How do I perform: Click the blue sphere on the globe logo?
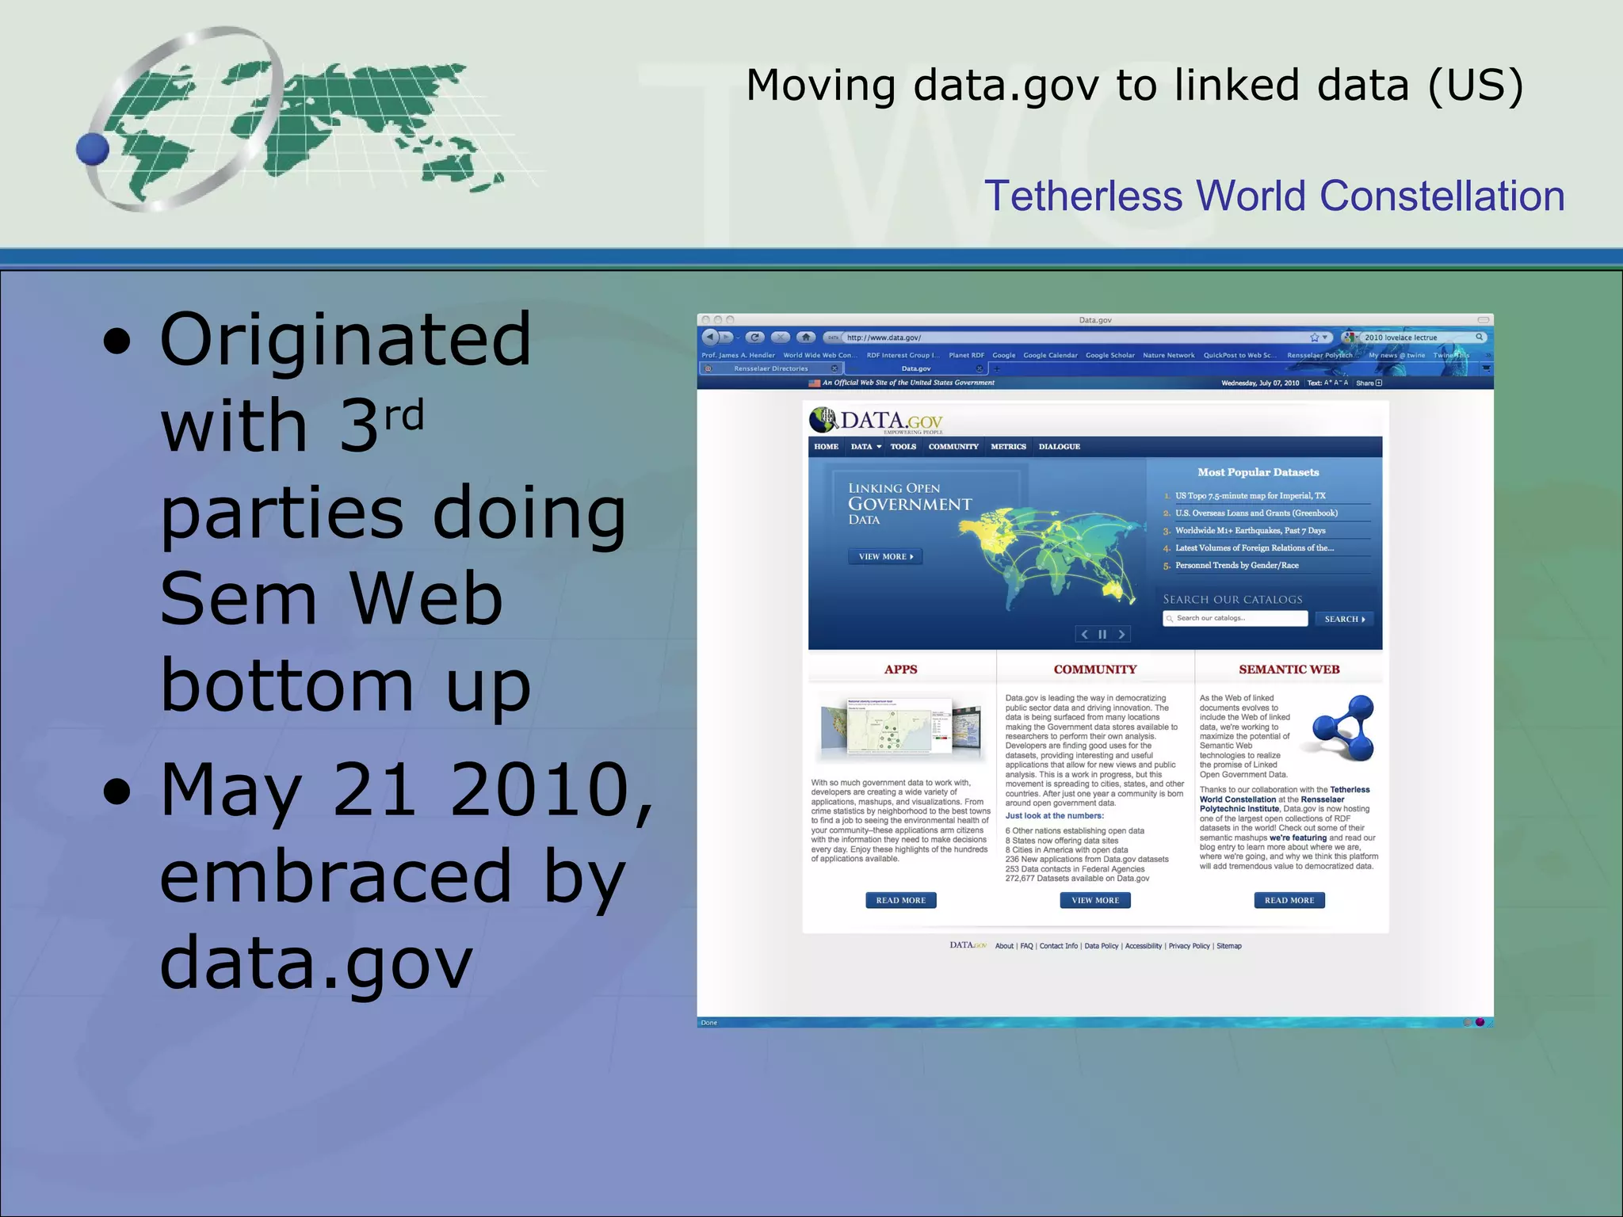click(93, 149)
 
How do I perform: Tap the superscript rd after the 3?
click(404, 415)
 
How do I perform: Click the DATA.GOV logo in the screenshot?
click(876, 420)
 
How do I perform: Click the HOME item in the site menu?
click(826, 447)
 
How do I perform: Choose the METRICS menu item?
click(1008, 447)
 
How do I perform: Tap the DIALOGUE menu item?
click(1060, 447)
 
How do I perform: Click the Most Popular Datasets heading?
click(1258, 472)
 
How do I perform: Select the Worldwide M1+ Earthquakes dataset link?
click(1250, 531)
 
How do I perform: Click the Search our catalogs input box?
click(1235, 619)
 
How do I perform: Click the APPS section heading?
click(900, 670)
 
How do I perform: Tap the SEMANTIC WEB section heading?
click(1289, 670)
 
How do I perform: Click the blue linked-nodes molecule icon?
click(1343, 727)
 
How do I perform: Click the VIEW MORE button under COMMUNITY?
click(1095, 900)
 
